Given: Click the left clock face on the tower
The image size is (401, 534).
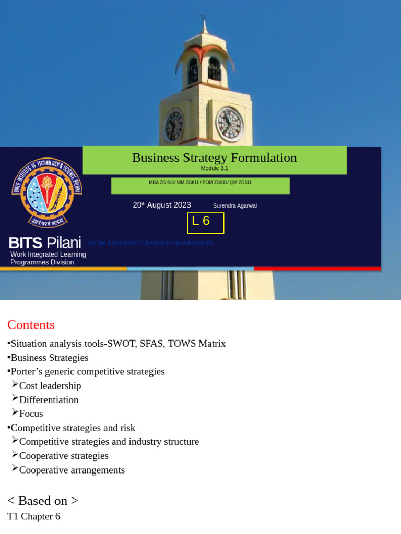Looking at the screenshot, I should click(x=174, y=125).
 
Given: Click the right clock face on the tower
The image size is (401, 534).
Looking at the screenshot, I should click(x=230, y=124).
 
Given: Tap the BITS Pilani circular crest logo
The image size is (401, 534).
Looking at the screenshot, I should click(x=47, y=192).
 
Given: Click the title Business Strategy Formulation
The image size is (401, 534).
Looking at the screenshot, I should click(x=214, y=157).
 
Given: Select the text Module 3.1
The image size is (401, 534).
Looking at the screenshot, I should click(x=214, y=168).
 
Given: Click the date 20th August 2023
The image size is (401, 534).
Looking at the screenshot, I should click(x=162, y=205).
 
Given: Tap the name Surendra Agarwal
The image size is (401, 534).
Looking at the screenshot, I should click(x=235, y=205).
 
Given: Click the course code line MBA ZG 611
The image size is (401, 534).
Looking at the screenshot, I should click(x=200, y=183).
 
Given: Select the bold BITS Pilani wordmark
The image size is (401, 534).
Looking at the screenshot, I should click(x=45, y=242).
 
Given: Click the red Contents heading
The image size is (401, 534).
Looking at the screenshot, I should click(x=31, y=324).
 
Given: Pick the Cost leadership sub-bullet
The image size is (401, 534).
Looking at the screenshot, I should click(x=50, y=386).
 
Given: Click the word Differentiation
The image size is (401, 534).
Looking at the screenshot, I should click(x=49, y=400).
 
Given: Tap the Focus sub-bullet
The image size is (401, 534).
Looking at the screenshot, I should click(x=31, y=414).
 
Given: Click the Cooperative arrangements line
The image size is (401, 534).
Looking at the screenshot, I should click(x=72, y=470).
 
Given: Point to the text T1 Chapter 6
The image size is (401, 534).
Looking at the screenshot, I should click(x=33, y=516).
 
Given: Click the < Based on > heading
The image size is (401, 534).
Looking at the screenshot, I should click(x=43, y=501).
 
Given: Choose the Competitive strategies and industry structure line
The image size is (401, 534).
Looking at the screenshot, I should click(x=109, y=442).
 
